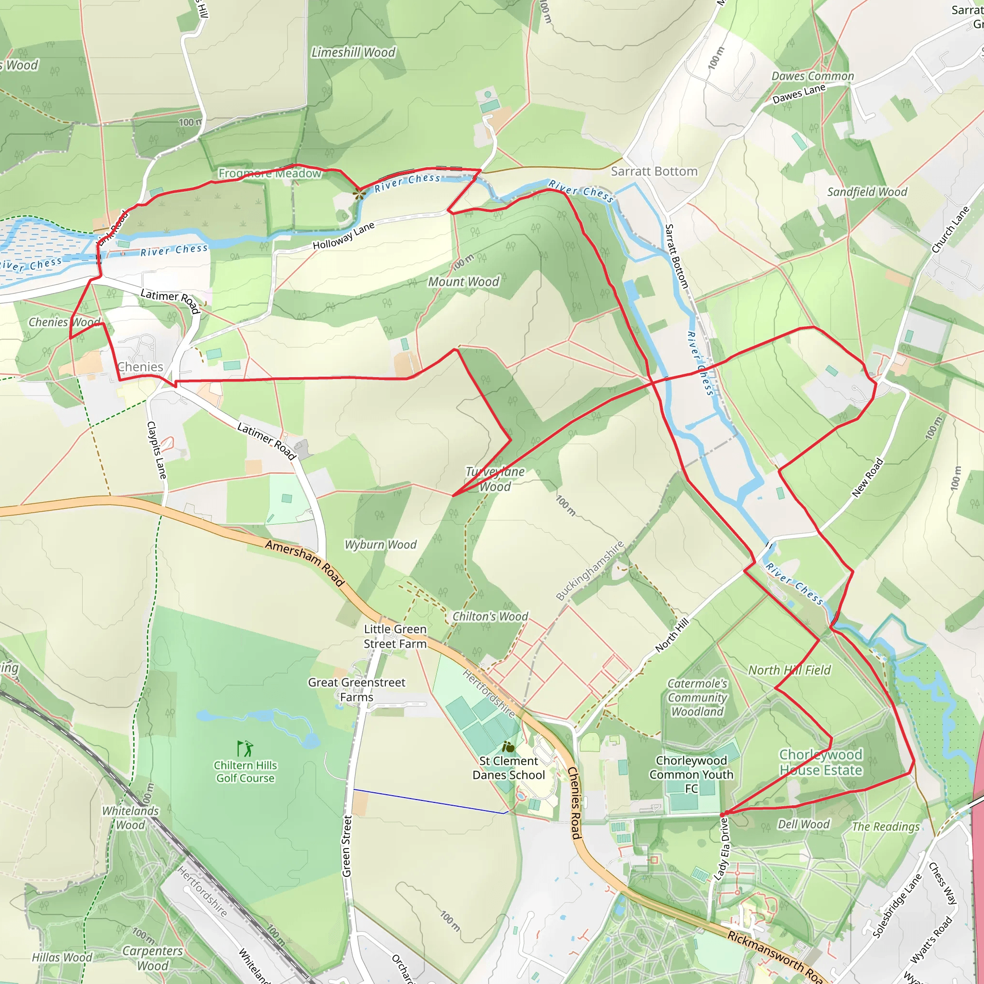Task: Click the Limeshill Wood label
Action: (353, 52)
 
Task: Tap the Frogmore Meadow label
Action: (270, 173)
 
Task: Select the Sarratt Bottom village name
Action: (654, 172)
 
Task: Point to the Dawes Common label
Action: (812, 76)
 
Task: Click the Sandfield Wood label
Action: (867, 192)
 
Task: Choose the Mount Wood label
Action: (464, 282)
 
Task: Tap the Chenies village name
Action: (141, 367)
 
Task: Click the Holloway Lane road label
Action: (344, 236)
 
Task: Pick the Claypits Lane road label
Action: (156, 450)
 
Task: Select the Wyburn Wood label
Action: (381, 544)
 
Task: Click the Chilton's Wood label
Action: (490, 616)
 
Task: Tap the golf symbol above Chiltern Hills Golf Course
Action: (245, 748)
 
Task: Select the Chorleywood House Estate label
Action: (821, 762)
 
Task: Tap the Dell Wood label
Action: (803, 824)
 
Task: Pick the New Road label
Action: (867, 478)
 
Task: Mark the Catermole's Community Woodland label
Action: (697, 697)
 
